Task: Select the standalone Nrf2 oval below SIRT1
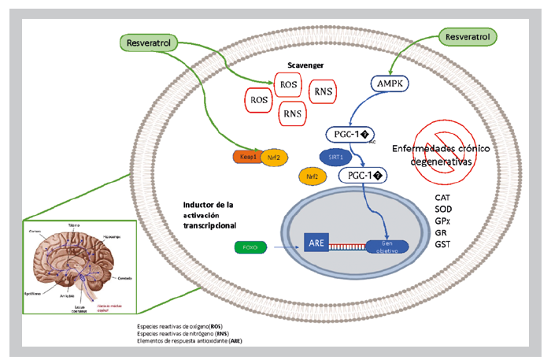[x=309, y=176]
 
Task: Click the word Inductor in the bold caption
[x=192, y=206]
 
